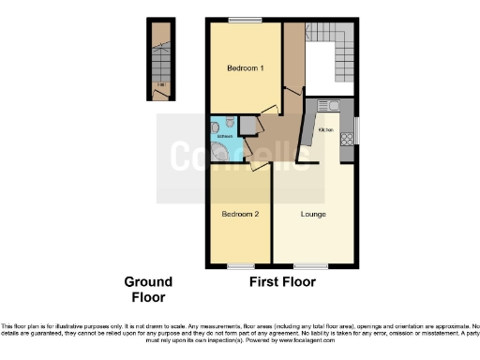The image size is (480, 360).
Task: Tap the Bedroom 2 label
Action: click(x=240, y=215)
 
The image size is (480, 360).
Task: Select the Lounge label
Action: click(x=313, y=215)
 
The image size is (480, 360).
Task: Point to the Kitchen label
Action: click(x=326, y=129)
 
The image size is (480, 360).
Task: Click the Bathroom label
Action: click(x=224, y=137)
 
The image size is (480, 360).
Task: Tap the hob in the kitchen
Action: click(x=346, y=139)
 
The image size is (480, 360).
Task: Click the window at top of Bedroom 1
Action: click(x=246, y=20)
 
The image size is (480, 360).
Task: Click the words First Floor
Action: click(x=281, y=281)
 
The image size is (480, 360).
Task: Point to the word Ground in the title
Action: click(x=149, y=282)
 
